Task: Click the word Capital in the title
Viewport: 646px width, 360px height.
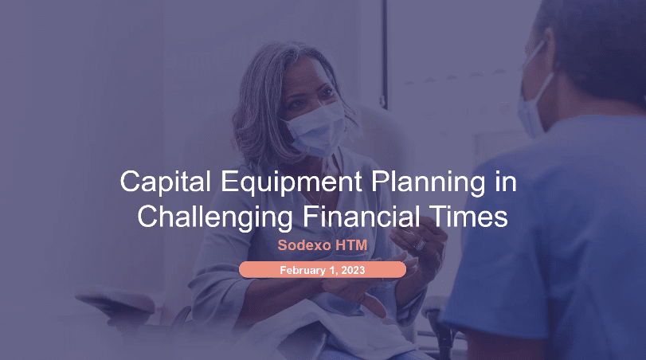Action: (165, 182)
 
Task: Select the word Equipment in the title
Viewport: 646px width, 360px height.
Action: (292, 182)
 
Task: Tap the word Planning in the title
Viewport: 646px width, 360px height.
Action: (429, 182)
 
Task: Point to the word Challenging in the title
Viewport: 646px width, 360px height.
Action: (215, 217)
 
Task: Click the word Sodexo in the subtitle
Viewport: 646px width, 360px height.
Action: (304, 245)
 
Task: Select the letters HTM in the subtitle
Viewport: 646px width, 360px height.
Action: (351, 245)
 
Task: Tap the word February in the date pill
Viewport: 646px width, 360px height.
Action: (303, 270)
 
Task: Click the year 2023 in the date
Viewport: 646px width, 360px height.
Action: (353, 270)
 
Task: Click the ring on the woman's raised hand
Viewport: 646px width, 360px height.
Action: (421, 245)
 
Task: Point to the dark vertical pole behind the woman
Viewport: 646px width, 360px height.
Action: (385, 53)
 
